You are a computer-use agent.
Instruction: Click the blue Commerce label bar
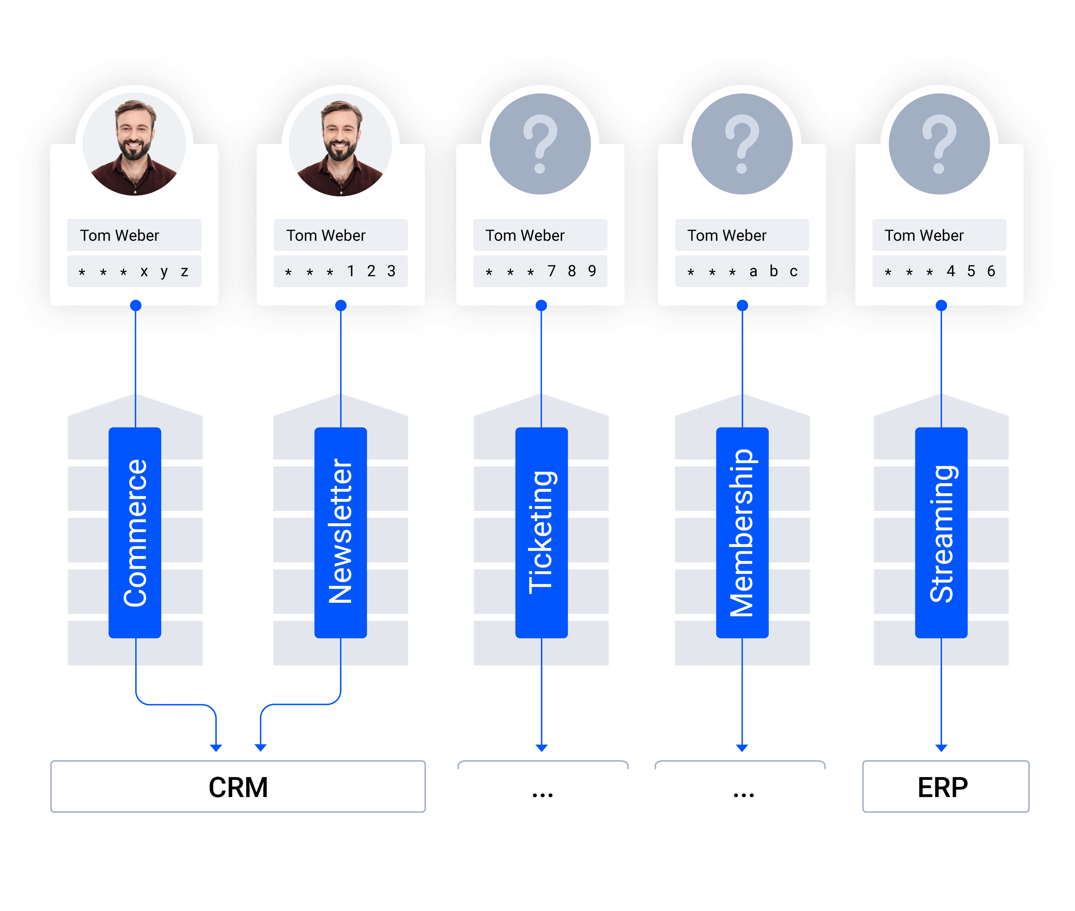(x=135, y=532)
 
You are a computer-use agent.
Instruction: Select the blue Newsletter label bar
(x=341, y=532)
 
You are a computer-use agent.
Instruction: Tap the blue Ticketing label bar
(x=541, y=532)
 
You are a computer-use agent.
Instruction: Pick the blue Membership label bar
(x=742, y=532)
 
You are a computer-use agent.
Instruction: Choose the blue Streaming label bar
(x=941, y=532)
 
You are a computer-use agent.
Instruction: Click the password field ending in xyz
(x=134, y=271)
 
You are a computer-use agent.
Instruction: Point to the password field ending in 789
(x=540, y=271)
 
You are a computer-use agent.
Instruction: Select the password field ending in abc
(x=742, y=271)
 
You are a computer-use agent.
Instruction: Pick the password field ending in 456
(x=939, y=271)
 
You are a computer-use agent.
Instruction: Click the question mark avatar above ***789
(x=540, y=144)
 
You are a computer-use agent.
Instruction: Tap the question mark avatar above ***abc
(x=742, y=144)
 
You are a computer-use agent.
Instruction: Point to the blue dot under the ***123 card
(x=341, y=305)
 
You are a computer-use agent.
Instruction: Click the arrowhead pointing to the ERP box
(x=941, y=747)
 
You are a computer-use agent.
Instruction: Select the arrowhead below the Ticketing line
(x=541, y=747)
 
